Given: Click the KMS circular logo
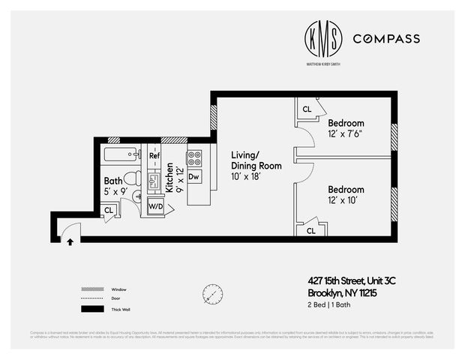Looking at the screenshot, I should (322, 38).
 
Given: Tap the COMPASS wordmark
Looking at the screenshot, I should (385, 38).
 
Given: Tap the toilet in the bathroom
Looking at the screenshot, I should (131, 178).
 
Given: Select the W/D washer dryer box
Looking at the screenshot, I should (156, 206).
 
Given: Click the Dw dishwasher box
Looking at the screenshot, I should (193, 177).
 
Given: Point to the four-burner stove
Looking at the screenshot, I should (193, 158).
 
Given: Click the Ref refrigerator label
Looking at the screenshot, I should (154, 156).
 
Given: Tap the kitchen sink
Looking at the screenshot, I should (154, 181).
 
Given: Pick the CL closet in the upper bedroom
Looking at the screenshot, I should (307, 109).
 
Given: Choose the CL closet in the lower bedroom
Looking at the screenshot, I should (310, 230).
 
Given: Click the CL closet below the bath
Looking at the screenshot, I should (109, 211).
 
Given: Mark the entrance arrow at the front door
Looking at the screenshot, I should (70, 241).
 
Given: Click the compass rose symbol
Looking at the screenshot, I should (212, 293).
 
